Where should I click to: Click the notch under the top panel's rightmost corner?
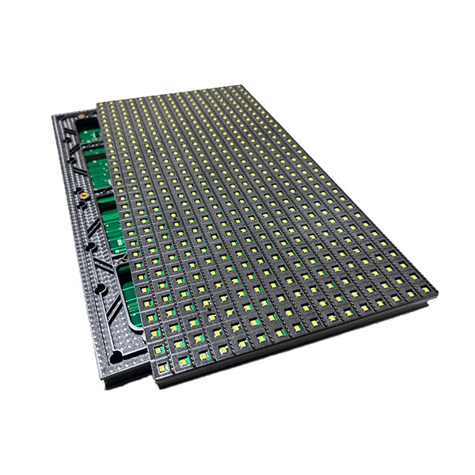click(x=428, y=300)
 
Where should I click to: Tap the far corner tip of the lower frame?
click(x=53, y=117)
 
